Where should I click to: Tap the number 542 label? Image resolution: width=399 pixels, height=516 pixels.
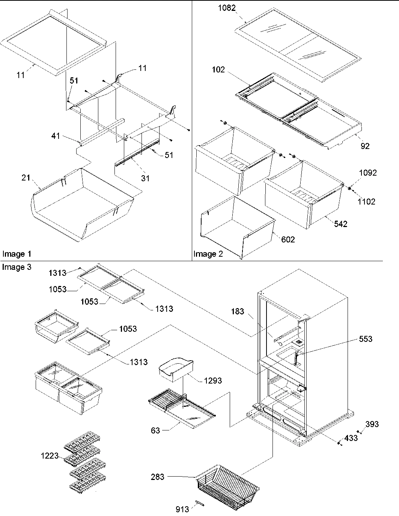click(340, 224)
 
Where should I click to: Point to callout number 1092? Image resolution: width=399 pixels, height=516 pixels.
click(367, 173)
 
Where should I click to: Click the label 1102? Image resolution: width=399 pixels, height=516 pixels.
click(366, 202)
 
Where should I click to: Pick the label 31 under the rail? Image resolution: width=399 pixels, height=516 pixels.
click(145, 178)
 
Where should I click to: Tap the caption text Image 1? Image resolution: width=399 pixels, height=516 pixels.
click(17, 254)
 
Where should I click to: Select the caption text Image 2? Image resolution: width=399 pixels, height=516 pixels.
click(208, 254)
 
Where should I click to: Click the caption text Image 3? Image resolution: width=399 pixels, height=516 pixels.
click(17, 267)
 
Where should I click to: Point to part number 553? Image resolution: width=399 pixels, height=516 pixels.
click(365, 339)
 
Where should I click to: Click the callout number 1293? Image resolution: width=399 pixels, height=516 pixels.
click(212, 381)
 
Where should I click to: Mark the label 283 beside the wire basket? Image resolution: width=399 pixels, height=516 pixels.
click(158, 477)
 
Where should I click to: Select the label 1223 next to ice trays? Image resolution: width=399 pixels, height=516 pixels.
click(50, 456)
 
